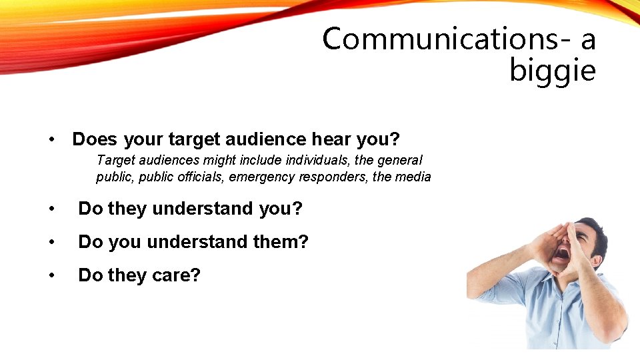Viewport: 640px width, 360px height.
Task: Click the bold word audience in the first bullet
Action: tap(266, 139)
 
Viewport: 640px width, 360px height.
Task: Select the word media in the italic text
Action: tap(414, 177)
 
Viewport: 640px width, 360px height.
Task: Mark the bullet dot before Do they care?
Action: tap(51, 275)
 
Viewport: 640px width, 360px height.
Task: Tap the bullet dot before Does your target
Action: tap(51, 140)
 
